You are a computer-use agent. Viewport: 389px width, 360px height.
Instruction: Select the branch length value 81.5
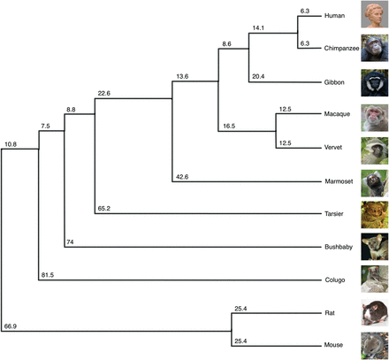point(49,274)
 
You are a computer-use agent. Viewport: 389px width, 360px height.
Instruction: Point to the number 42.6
point(182,176)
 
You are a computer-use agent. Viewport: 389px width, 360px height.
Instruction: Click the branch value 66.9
point(11,326)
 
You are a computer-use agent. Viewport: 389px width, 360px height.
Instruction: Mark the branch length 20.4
point(260,78)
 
